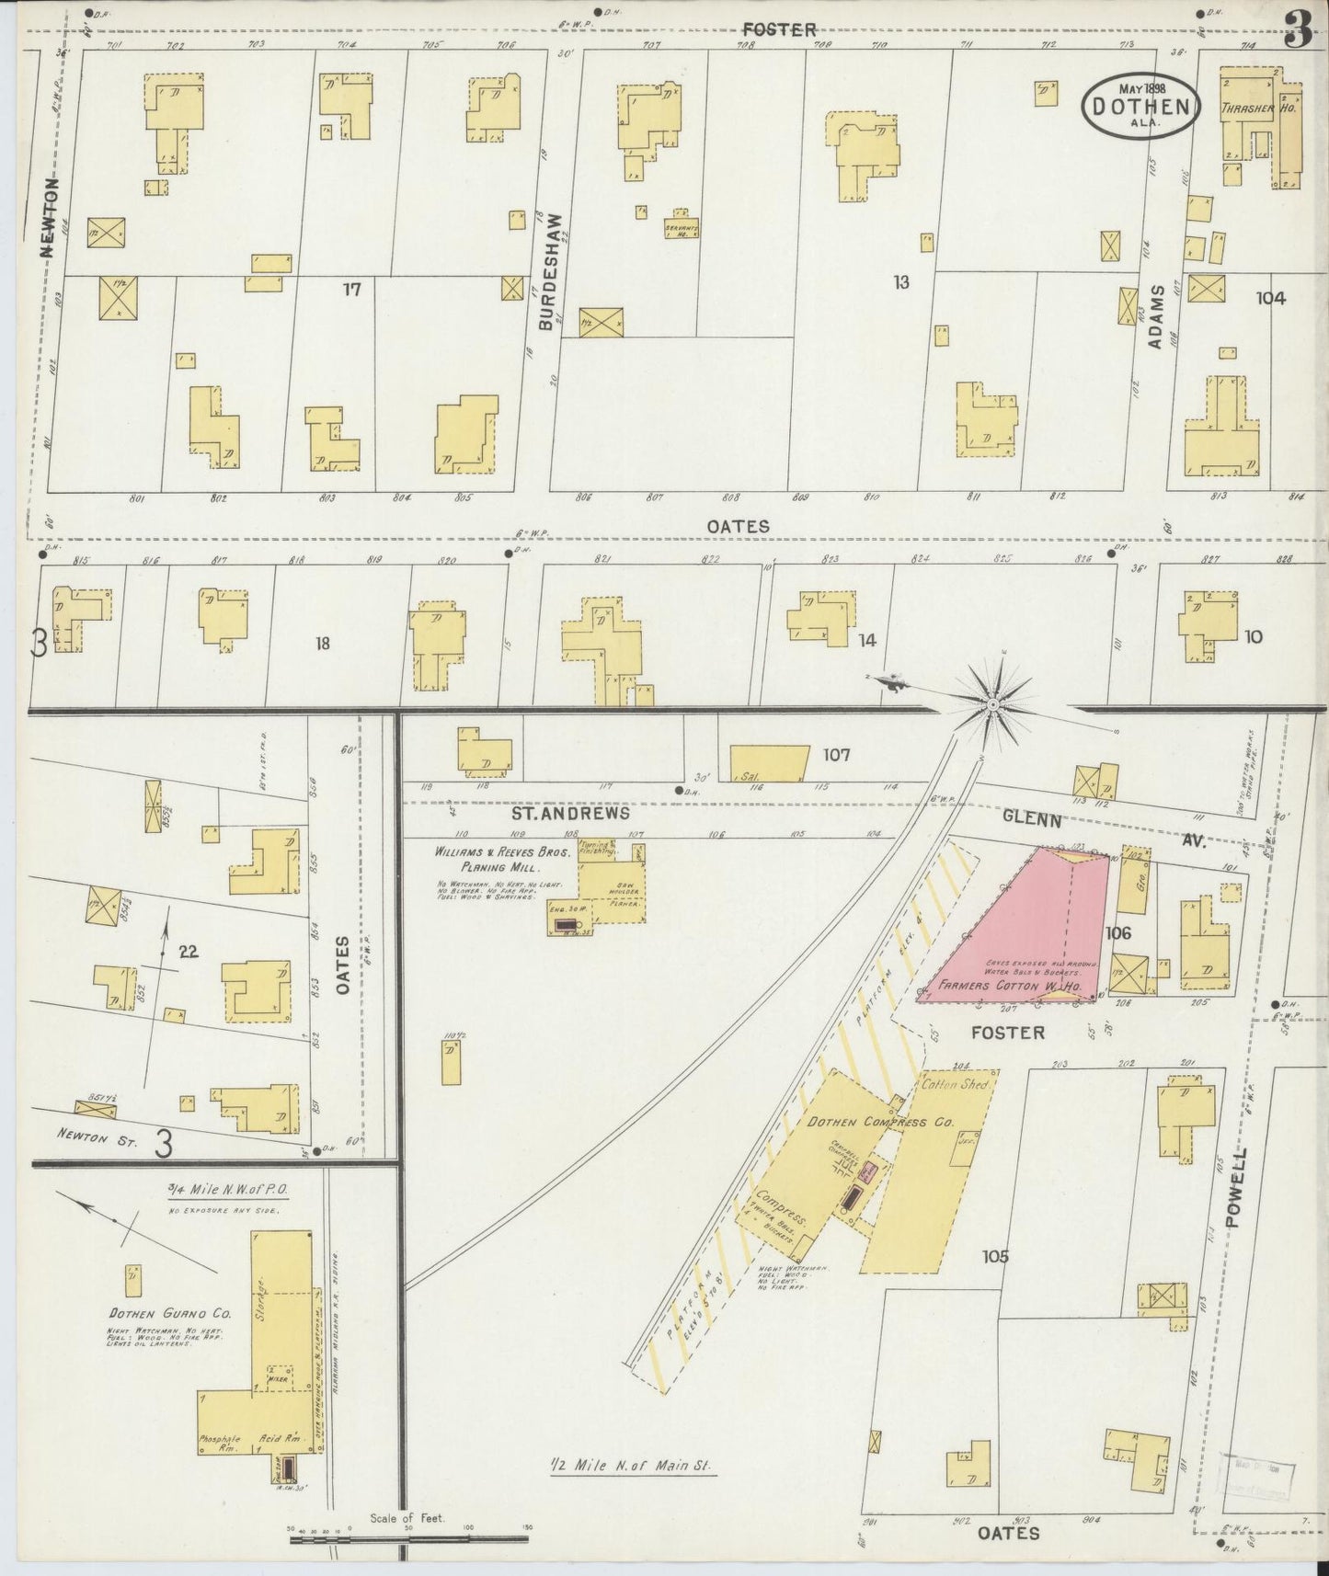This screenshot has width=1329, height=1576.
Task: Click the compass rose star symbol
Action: point(993,704)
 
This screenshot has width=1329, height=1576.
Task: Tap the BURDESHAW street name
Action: point(547,272)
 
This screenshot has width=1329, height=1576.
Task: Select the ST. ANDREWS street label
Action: point(571,814)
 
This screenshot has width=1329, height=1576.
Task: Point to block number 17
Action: point(351,290)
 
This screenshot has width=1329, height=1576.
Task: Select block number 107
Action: point(836,756)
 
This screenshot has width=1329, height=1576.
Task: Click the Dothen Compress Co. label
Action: point(881,1122)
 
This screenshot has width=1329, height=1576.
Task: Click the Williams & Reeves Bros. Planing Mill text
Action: point(502,859)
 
